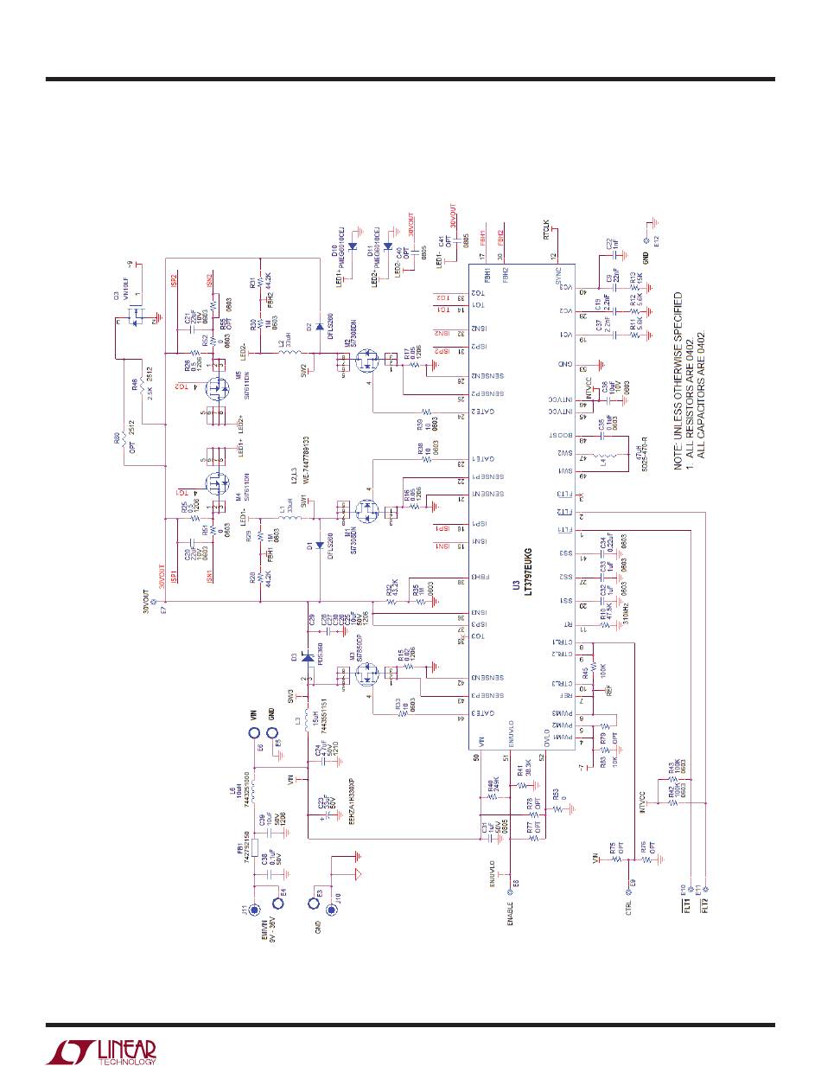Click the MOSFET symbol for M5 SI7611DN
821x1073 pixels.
pyautogui.click(x=215, y=391)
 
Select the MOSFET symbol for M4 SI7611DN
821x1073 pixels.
pyautogui.click(x=215, y=482)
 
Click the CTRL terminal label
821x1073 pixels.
pyautogui.click(x=628, y=909)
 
